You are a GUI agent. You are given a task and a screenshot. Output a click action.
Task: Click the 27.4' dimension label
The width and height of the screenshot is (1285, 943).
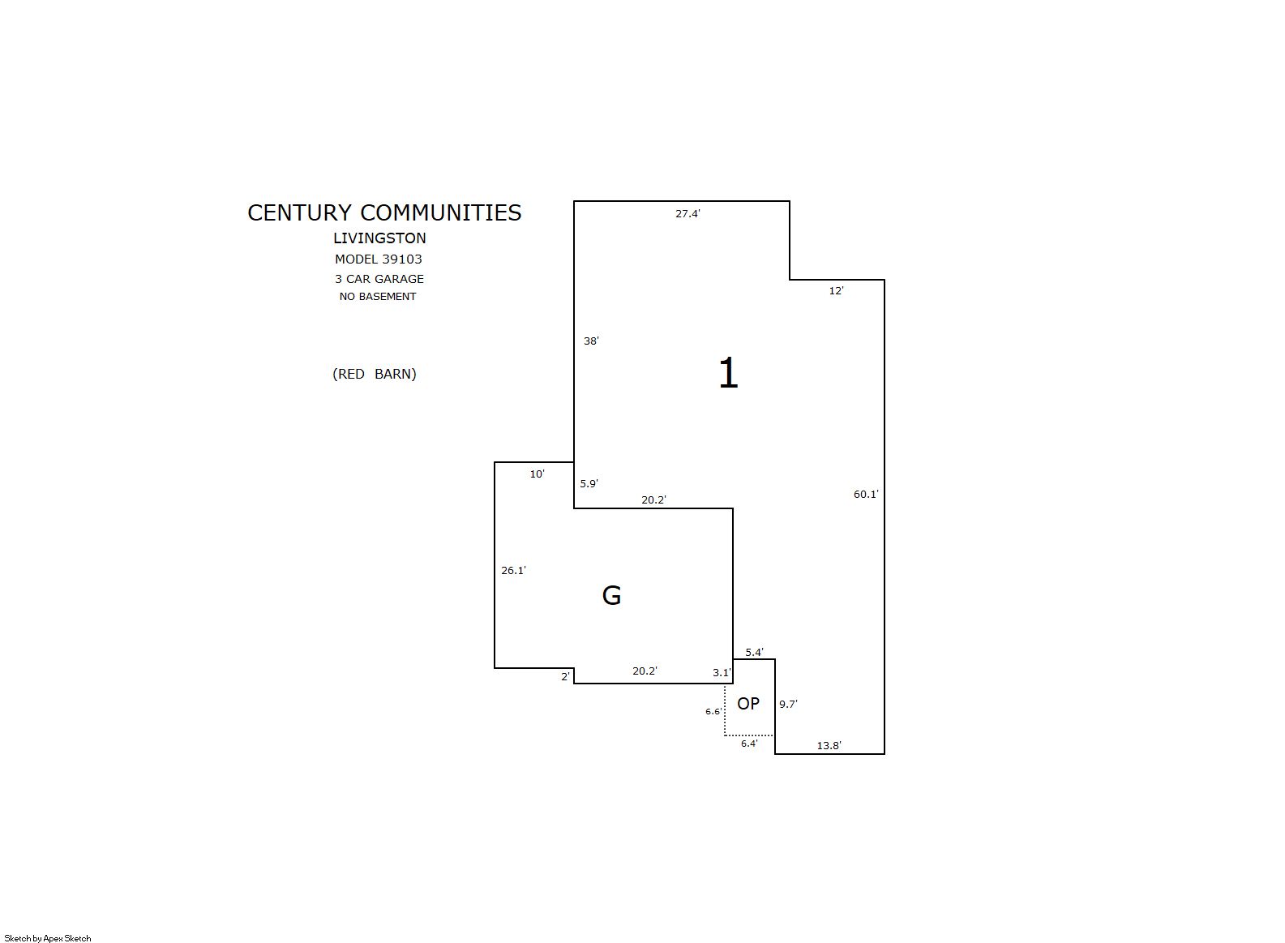(687, 214)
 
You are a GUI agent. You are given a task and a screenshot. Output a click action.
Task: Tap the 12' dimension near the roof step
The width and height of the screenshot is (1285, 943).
(836, 291)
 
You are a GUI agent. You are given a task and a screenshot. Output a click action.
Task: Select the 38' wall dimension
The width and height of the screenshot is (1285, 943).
(591, 341)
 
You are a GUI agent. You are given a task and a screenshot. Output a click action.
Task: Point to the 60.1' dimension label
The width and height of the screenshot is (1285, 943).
(866, 494)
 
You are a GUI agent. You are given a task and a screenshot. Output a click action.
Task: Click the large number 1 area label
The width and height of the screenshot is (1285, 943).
(728, 373)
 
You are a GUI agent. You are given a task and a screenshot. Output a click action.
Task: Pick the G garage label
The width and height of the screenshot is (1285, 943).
(611, 595)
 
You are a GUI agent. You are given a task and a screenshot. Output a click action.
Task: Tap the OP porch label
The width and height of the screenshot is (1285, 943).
(748, 703)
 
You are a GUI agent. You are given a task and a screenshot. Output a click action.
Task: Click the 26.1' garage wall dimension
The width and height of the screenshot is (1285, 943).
(513, 570)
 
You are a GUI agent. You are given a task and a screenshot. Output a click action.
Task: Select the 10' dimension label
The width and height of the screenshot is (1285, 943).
(537, 474)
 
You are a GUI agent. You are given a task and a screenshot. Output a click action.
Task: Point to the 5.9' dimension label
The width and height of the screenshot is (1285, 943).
(589, 483)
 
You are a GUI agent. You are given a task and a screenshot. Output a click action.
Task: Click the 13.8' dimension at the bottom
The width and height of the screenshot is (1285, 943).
(829, 746)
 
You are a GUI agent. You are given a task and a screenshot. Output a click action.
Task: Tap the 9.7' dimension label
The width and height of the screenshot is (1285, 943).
(788, 704)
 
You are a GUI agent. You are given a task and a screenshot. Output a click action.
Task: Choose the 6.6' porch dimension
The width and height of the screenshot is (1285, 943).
(713, 711)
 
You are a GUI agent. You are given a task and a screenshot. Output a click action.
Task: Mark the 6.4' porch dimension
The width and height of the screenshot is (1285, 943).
(749, 744)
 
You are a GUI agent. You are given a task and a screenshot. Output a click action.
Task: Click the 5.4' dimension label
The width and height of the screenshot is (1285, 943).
(754, 652)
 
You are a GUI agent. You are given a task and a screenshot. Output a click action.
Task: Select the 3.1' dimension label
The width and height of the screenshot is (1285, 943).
(722, 673)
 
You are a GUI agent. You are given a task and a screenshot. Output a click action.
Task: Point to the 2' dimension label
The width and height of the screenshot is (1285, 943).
(565, 677)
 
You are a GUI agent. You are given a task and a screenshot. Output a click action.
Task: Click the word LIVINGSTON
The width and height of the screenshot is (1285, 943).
(379, 238)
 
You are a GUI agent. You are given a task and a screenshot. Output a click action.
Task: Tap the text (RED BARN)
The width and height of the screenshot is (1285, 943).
(375, 374)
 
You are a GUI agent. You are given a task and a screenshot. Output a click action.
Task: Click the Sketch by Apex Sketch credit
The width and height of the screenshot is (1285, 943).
(48, 938)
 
